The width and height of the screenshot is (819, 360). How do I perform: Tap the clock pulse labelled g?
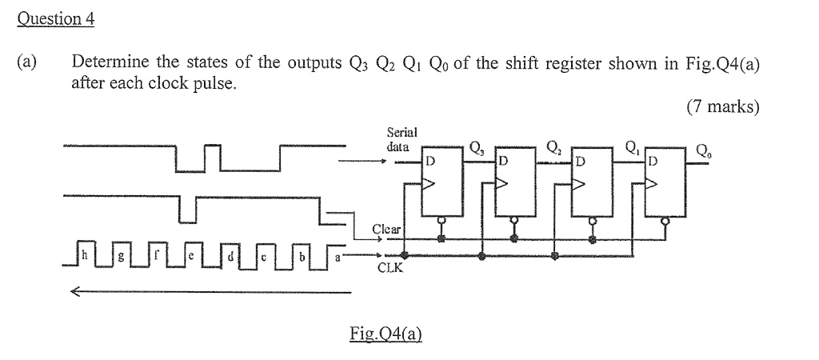coord(121,256)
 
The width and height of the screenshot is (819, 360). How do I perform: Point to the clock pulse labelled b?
coord(303,256)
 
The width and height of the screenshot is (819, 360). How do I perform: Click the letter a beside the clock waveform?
coord(337,256)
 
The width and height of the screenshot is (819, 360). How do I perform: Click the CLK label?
coord(388,270)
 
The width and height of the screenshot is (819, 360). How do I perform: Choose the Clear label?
coord(387,230)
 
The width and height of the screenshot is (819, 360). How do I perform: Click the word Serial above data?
coord(402,133)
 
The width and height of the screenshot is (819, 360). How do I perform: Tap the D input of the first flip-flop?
coord(430,161)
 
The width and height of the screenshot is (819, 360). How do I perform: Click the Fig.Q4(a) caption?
coord(386,336)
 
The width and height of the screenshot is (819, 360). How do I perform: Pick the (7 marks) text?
coord(722,106)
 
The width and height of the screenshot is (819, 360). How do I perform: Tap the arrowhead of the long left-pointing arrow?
coord(74,292)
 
